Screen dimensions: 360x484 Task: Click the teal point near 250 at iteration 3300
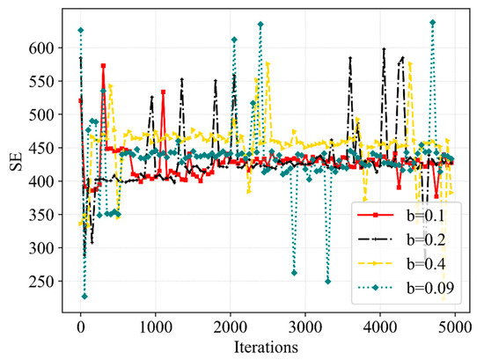point(327,282)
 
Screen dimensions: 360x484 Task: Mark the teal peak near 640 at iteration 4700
point(432,22)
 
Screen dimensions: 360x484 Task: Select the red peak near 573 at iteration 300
point(103,66)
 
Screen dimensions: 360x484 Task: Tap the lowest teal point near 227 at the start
point(84,297)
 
